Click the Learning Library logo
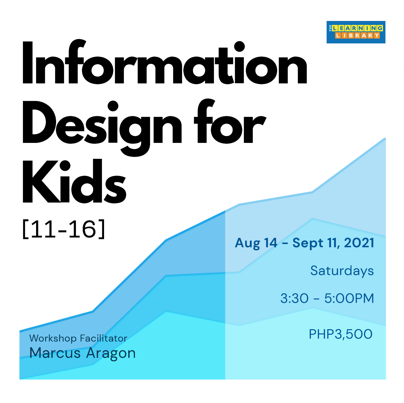click(x=356, y=32)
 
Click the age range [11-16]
click(x=64, y=229)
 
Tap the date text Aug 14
click(x=256, y=243)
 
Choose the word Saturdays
click(x=342, y=271)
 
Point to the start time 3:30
click(x=294, y=298)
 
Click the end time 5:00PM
click(x=349, y=298)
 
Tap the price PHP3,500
click(x=341, y=334)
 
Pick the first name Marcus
click(x=55, y=353)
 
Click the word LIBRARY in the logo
click(x=357, y=36)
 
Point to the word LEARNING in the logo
click(x=358, y=28)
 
